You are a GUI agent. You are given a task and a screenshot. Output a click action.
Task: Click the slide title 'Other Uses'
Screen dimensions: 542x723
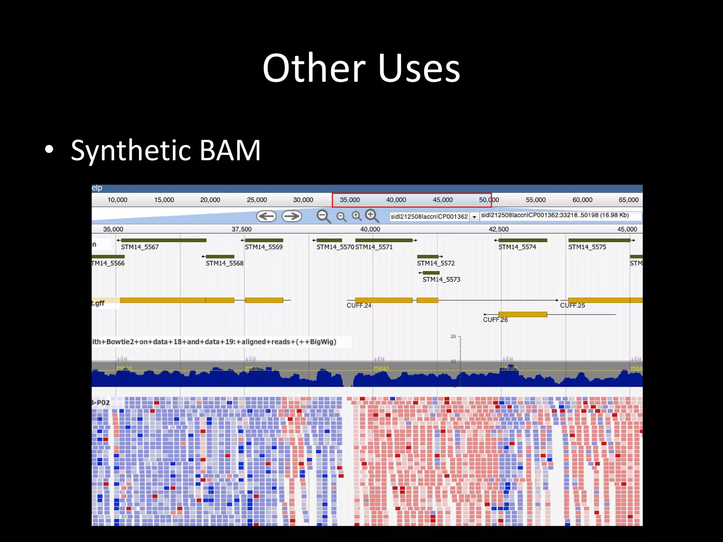[361, 68]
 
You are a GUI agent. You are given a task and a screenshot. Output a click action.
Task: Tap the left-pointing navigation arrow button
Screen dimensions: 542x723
[266, 216]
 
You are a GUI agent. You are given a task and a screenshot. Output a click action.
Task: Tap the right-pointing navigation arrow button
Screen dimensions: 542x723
[292, 216]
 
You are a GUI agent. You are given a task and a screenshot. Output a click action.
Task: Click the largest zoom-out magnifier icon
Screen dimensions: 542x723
[323, 216]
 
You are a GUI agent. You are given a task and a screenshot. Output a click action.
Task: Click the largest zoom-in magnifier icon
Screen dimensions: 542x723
[371, 215]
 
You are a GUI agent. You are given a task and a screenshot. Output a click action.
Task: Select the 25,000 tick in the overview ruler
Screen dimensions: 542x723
[257, 200]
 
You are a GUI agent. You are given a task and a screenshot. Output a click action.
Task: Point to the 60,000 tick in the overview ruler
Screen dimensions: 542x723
[582, 200]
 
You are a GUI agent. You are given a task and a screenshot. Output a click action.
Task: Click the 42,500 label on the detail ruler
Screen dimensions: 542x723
[498, 229]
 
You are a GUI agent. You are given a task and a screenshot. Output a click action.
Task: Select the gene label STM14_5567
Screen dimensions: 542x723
[140, 247]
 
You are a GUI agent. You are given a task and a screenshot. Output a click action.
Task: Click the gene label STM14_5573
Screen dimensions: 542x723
[441, 279]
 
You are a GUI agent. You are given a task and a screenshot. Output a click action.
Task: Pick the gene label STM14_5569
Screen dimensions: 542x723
[264, 247]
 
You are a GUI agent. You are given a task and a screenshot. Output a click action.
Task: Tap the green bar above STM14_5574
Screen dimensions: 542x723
[522, 240]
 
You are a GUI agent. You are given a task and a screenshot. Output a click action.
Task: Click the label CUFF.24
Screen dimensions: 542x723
[359, 306]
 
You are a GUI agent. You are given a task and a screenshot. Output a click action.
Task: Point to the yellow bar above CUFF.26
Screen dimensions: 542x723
[522, 314]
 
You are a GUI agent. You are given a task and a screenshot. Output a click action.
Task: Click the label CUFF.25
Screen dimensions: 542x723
[572, 306]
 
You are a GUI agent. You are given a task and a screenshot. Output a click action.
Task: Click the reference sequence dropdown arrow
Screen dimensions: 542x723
[474, 217]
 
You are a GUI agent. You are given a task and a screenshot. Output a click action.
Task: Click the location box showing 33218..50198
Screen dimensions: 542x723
[560, 215]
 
